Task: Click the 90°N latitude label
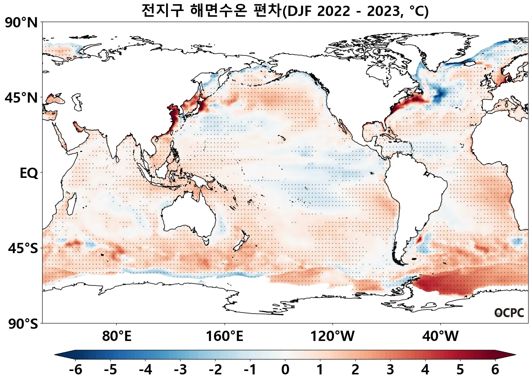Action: point(22,22)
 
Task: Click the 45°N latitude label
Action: point(22,98)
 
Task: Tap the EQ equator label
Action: point(29,173)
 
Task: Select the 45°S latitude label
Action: point(23,248)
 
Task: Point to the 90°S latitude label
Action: point(23,324)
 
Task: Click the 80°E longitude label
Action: point(117,336)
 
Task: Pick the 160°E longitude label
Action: point(225,336)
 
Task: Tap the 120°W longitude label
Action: point(332,336)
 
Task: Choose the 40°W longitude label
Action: point(440,336)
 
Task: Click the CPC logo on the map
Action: point(509,313)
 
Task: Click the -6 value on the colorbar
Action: point(75,369)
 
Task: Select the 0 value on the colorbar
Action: point(285,369)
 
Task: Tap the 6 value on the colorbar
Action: point(495,369)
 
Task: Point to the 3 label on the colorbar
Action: point(390,369)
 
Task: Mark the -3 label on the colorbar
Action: point(180,369)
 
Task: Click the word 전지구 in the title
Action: point(163,10)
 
